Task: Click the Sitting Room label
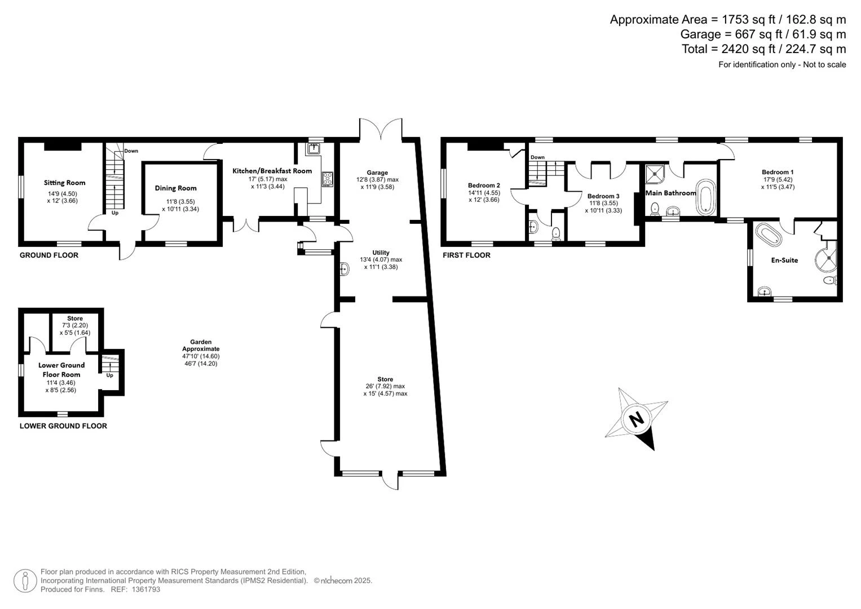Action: click(65, 183)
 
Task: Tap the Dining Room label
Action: click(176, 188)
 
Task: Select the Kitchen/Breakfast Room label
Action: click(272, 171)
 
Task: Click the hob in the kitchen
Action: click(328, 179)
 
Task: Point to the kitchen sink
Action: click(314, 148)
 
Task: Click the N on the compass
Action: click(637, 418)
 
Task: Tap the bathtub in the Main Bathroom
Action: click(707, 197)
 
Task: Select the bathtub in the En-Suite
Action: click(769, 235)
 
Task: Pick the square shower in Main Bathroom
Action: click(655, 174)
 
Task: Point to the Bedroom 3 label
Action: click(603, 196)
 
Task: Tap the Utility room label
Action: click(381, 253)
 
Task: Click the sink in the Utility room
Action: click(345, 269)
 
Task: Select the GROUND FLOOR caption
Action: click(49, 255)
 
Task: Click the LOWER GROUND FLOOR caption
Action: click(63, 426)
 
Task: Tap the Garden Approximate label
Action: click(201, 345)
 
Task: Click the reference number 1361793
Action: click(145, 589)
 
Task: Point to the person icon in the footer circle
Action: click(25, 581)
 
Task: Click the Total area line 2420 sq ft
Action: click(764, 49)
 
